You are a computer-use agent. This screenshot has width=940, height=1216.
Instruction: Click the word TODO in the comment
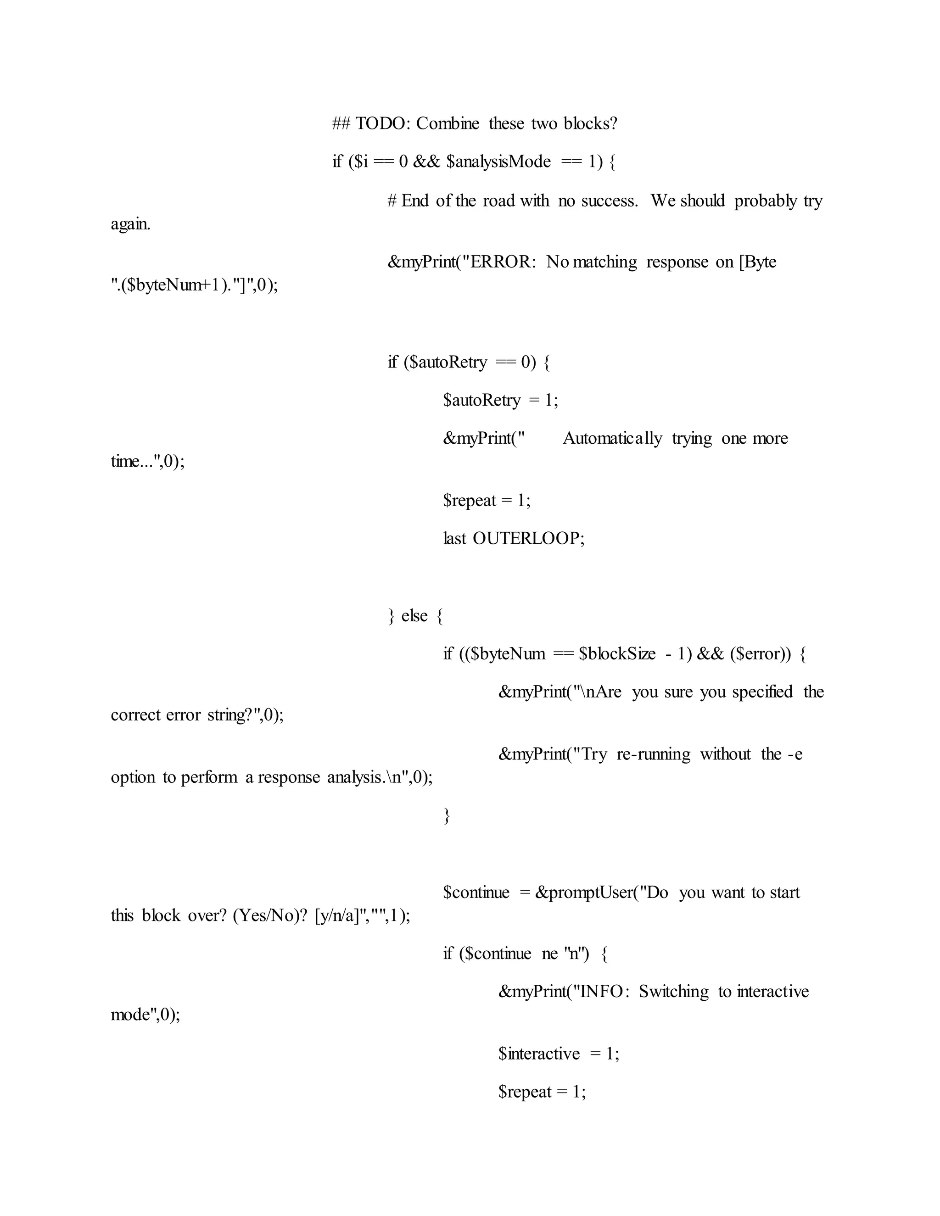point(382,123)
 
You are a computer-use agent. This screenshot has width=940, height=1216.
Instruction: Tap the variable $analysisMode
point(498,162)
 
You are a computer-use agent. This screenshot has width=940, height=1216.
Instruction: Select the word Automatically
point(612,438)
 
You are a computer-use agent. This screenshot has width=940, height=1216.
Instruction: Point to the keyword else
point(414,615)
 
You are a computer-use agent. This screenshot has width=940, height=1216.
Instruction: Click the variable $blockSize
point(617,653)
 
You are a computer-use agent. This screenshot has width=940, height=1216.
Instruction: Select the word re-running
point(653,754)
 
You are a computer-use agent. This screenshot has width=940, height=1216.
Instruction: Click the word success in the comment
point(609,201)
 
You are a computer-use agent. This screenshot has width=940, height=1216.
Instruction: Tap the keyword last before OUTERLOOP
point(454,538)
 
